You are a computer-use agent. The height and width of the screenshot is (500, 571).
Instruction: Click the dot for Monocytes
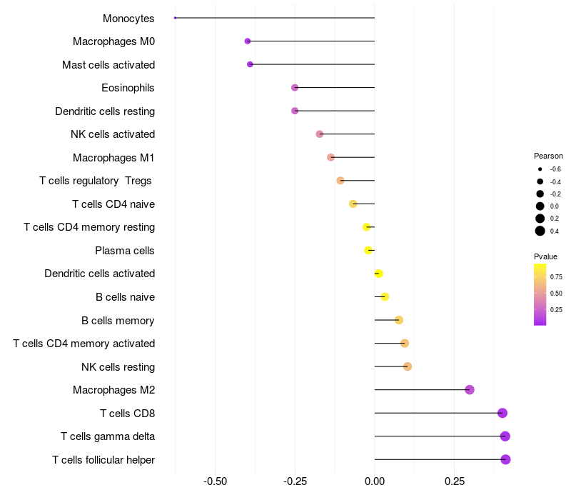(x=175, y=18)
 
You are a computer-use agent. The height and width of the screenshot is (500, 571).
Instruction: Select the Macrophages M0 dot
(x=248, y=41)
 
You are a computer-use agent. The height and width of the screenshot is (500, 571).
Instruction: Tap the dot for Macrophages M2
(x=470, y=390)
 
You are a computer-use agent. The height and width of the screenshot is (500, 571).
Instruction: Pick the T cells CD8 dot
(x=502, y=413)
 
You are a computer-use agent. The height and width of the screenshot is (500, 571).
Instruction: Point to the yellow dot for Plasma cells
(x=368, y=251)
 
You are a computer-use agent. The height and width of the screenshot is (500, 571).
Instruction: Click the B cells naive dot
(x=385, y=297)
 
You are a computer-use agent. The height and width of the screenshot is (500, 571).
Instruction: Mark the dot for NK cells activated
(x=319, y=134)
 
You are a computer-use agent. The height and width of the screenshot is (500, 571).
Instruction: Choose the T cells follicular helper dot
(x=505, y=459)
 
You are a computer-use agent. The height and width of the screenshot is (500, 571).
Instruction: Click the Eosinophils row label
(x=128, y=88)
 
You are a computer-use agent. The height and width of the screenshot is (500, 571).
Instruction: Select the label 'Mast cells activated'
(x=108, y=65)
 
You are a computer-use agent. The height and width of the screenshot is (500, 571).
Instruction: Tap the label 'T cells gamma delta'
(x=108, y=436)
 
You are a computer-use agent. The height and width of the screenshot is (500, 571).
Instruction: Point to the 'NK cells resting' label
(x=118, y=367)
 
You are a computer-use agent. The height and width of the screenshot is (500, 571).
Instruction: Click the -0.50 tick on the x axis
(x=216, y=481)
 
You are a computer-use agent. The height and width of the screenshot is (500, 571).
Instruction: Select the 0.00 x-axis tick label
(x=374, y=481)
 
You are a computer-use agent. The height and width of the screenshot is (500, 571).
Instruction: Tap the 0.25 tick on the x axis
(x=455, y=481)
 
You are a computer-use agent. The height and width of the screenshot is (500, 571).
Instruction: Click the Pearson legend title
(x=548, y=156)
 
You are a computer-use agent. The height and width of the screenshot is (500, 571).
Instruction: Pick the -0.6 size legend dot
(x=540, y=169)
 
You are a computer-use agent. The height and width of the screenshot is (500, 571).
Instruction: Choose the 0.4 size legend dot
(x=540, y=231)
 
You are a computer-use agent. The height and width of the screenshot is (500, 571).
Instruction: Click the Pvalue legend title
(x=545, y=256)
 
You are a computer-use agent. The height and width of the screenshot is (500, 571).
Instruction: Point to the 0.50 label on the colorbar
(x=556, y=294)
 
